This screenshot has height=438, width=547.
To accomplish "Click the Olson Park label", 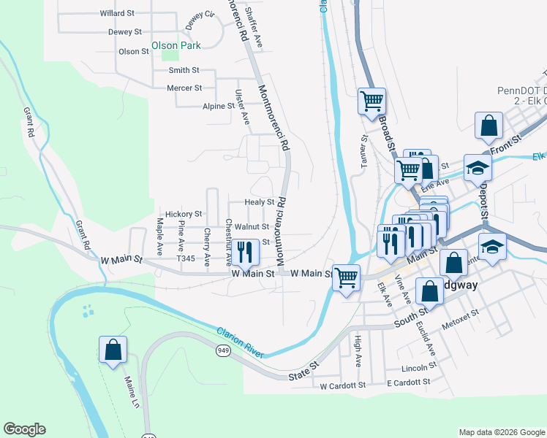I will pos(176,45).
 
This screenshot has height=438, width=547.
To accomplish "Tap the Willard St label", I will pos(117,13).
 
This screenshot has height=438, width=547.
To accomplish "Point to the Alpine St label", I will pos(218,106).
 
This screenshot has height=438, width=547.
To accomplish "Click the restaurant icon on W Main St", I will pos(246,253).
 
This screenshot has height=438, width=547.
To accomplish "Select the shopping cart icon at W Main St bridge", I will pos(346,277).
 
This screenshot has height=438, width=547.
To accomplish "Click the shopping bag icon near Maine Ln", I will pos(113,349).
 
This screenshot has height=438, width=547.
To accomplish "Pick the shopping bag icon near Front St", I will pos(488,126).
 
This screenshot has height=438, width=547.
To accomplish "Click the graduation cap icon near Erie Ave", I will pos(478,168).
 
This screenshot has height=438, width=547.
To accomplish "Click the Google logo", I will pos(24,429).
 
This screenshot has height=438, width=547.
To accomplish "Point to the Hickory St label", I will pos(183,214).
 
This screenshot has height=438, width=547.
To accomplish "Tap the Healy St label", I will pos(259,202).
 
